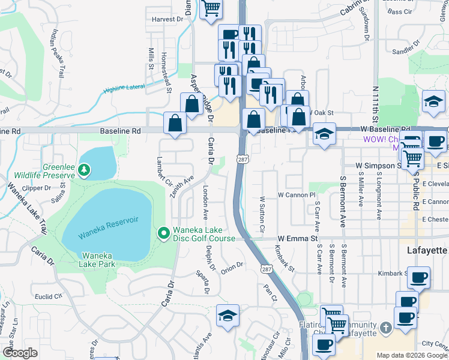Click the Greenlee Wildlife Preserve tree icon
point(85,171)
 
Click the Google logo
point(20,352)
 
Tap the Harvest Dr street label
point(167,19)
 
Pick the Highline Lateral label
point(125,89)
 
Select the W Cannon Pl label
point(296,195)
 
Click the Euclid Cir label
point(49,296)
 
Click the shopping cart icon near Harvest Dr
point(211,9)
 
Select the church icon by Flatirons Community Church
point(385,328)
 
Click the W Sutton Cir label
point(262,214)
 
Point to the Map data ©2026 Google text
point(411,355)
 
